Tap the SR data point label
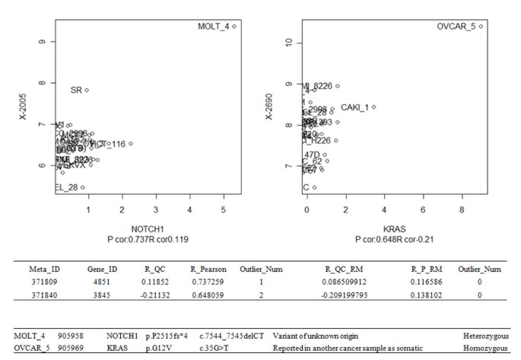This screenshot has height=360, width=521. pyautogui.click(x=76, y=90)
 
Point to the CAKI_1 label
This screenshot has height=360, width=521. pyautogui.click(x=354, y=107)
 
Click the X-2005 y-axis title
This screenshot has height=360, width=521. pyautogui.click(x=13, y=105)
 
